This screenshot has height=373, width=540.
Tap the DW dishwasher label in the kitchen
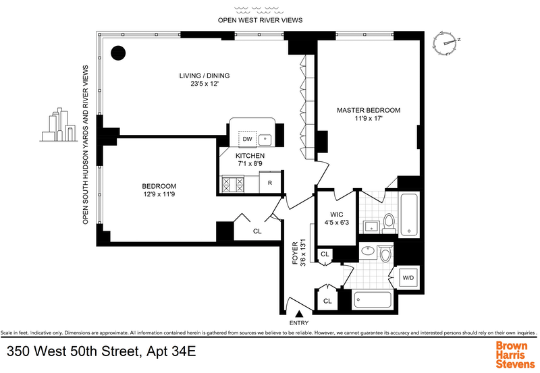click(x=248, y=140)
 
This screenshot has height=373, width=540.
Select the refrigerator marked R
click(x=270, y=183)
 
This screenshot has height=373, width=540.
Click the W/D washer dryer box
click(x=408, y=277)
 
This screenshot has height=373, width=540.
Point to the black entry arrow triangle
click(x=299, y=312)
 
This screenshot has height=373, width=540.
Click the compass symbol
click(x=448, y=42)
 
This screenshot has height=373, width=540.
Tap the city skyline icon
click(x=59, y=126)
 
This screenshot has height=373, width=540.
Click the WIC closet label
click(x=335, y=217)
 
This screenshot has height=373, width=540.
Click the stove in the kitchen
click(x=232, y=183)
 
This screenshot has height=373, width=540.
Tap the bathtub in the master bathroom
click(x=409, y=215)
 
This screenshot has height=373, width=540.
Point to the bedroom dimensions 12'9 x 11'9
click(x=159, y=195)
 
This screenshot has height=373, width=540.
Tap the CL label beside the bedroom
click(x=256, y=230)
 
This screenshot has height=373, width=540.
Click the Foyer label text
click(x=295, y=254)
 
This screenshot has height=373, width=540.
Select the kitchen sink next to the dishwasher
click(x=265, y=140)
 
